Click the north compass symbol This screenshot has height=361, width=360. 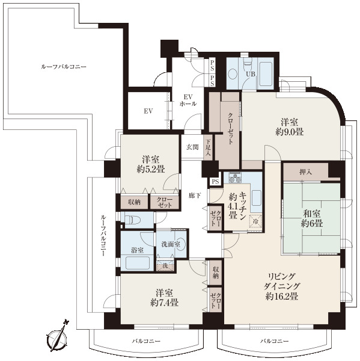point(58,336)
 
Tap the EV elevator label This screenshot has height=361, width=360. point(148,111)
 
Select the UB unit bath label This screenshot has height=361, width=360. point(251,74)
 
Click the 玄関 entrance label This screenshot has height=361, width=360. point(192,147)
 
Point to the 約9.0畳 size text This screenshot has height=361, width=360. point(289,132)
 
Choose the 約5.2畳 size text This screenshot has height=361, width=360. point(151,170)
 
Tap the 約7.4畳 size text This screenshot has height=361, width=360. point(165,303)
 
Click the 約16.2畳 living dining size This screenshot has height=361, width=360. point(282,296)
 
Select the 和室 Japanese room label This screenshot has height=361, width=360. point(312,214)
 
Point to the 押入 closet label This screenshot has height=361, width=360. point(306,171)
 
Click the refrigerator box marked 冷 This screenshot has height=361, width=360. point(255,221)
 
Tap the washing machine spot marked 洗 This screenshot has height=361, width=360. point(165,266)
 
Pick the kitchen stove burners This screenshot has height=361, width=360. point(235,177)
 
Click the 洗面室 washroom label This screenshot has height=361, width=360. point(171,244)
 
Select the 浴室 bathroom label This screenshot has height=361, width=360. point(138,250)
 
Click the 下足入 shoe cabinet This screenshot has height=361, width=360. point(208,147)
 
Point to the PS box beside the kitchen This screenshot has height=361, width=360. point(216,182)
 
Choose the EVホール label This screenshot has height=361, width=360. point(188,100)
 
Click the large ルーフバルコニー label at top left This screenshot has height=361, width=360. point(64,67)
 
